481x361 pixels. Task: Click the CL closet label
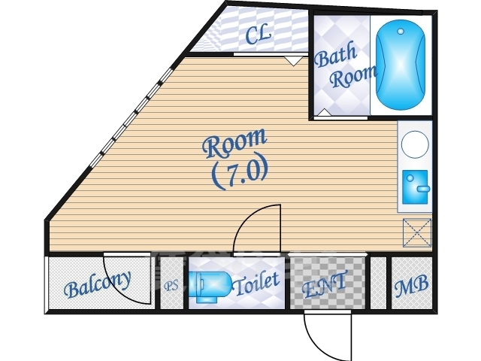click(x=259, y=35)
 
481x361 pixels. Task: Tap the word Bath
click(x=336, y=56)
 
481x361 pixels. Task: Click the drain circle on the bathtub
click(x=401, y=31)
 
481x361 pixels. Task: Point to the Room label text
click(x=234, y=143)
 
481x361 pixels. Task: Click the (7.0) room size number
click(x=240, y=174)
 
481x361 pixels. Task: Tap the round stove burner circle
click(x=415, y=144)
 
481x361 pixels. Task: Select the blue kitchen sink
click(x=415, y=187)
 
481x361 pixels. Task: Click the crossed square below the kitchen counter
click(x=417, y=232)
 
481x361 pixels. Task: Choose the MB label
click(x=411, y=286)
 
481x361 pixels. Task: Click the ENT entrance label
click(x=325, y=284)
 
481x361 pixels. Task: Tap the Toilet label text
click(x=256, y=283)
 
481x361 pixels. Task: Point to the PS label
click(x=171, y=286)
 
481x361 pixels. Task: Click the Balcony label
click(x=98, y=284)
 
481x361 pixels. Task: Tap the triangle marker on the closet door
click(x=293, y=61)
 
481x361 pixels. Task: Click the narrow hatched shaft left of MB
click(x=378, y=283)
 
